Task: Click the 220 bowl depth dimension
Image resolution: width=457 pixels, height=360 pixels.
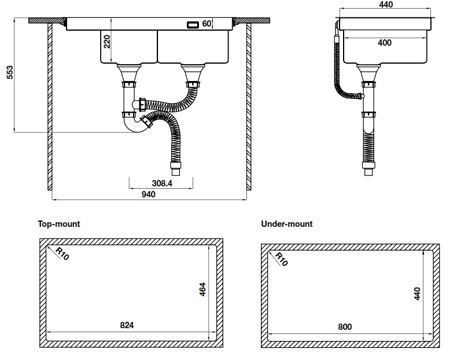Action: tap(106, 42)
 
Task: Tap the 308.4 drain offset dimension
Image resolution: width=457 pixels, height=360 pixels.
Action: tap(162, 183)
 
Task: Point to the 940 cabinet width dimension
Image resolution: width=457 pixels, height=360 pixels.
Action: tap(148, 194)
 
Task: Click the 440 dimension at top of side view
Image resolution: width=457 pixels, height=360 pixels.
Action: tap(385, 5)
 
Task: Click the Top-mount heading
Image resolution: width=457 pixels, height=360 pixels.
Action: tap(59, 223)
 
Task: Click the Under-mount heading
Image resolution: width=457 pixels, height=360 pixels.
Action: tap(287, 223)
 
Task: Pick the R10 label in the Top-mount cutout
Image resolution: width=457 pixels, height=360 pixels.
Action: tap(62, 253)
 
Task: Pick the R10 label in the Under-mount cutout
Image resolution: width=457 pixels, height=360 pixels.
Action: tap(280, 259)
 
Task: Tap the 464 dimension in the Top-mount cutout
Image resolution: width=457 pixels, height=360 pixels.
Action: tap(202, 288)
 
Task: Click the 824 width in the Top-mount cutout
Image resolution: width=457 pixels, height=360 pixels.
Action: tap(127, 325)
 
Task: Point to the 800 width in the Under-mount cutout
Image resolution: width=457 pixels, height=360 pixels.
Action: tap(344, 326)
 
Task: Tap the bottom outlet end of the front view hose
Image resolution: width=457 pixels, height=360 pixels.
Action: tap(175, 171)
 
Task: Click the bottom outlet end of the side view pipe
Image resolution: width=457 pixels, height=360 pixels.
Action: tap(366, 172)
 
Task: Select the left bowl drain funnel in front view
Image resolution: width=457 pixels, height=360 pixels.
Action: tap(129, 72)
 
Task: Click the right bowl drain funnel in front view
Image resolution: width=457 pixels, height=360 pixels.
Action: tap(192, 72)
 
